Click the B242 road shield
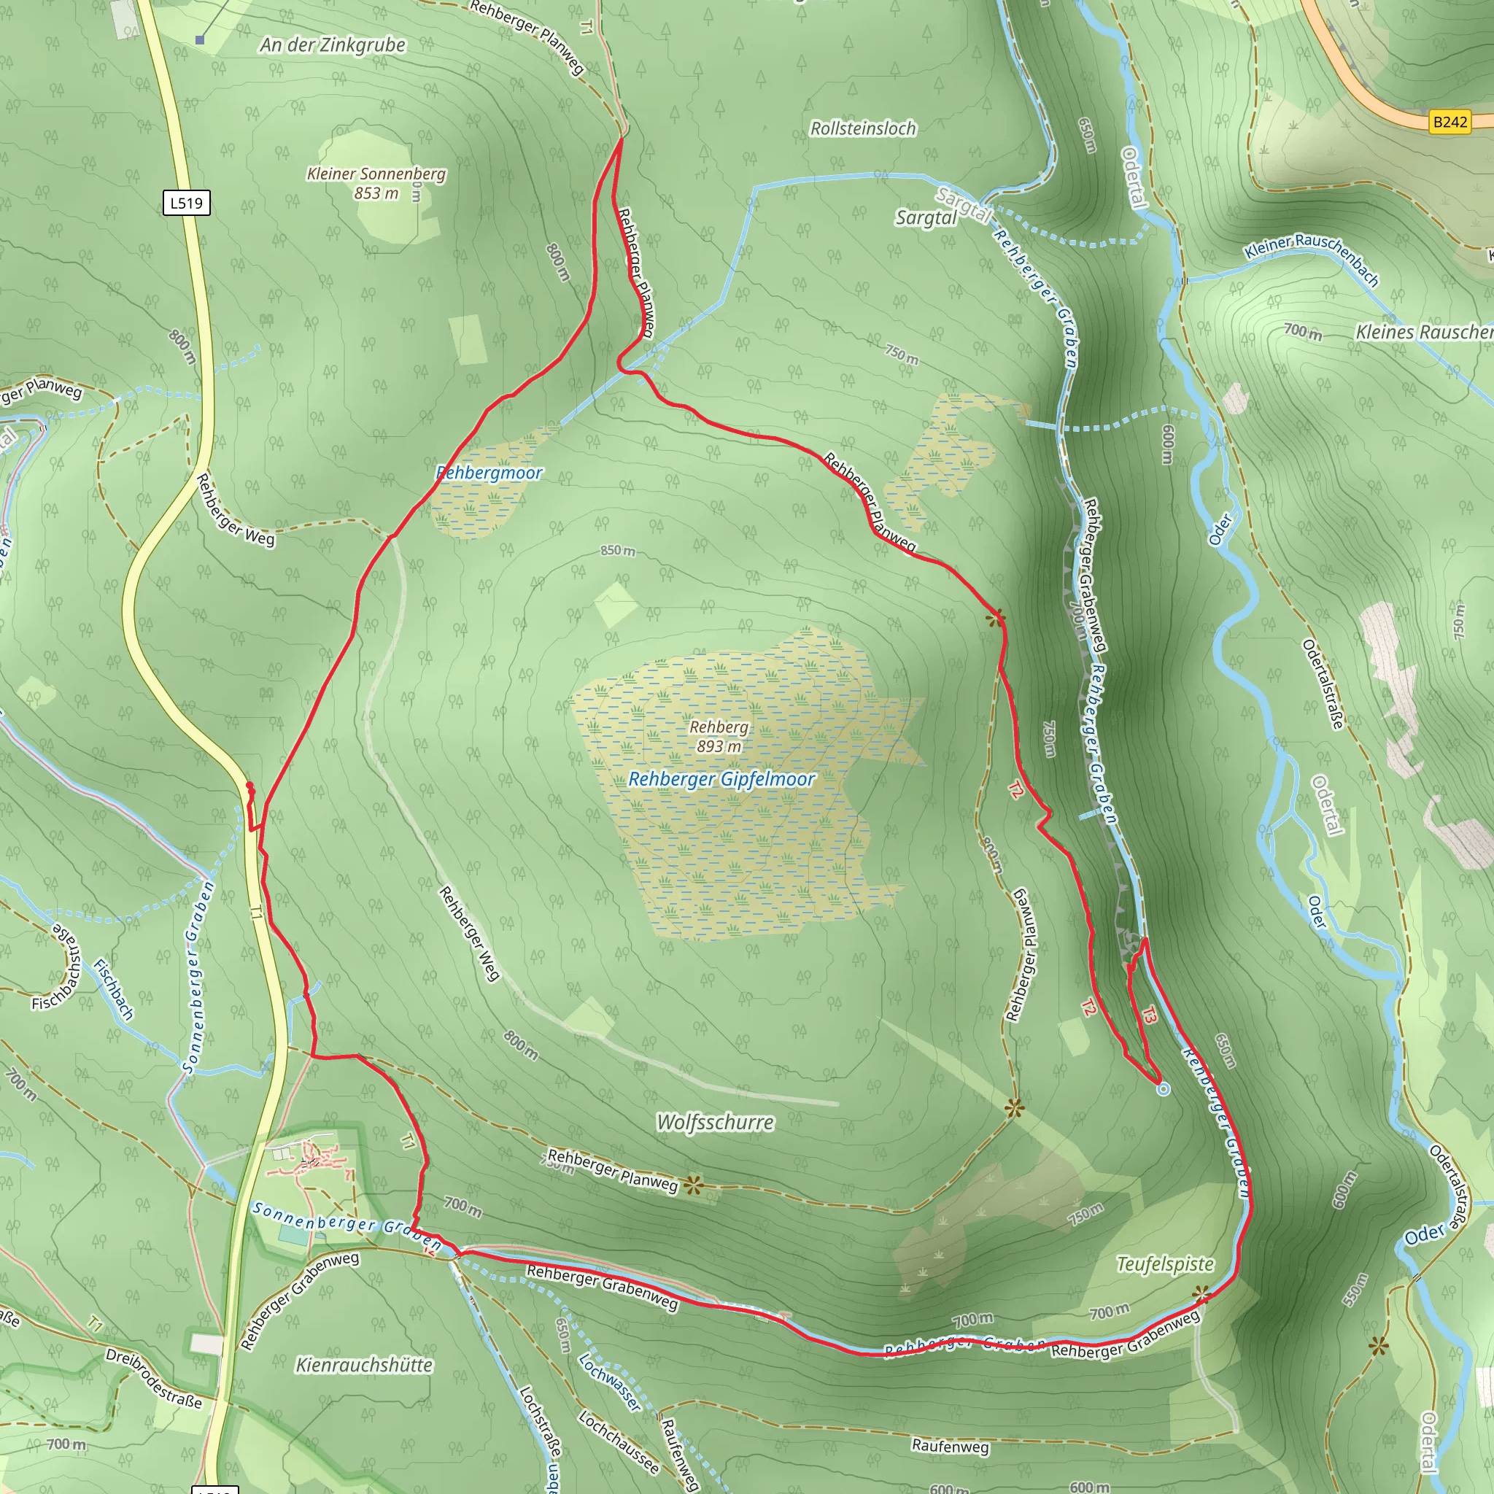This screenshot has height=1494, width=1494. [1450, 121]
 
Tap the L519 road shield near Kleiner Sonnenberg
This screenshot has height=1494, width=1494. [186, 203]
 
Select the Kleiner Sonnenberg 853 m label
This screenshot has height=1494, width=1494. [376, 183]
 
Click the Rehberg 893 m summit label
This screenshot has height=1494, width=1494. [719, 736]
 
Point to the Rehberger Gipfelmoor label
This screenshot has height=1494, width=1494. [721, 780]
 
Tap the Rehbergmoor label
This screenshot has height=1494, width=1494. [489, 473]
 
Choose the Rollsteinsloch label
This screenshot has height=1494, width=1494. [863, 128]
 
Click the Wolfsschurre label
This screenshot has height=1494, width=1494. [716, 1122]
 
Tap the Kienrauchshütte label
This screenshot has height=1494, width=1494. [364, 1365]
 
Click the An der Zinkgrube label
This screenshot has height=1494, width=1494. [333, 44]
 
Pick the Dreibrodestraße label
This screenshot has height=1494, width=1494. [154, 1379]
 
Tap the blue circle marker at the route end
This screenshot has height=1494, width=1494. [1164, 1089]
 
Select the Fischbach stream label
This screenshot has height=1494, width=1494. [114, 989]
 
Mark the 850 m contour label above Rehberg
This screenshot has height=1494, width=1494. [618, 551]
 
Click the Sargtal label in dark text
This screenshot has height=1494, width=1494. [926, 218]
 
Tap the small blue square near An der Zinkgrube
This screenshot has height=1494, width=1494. [201, 39]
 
